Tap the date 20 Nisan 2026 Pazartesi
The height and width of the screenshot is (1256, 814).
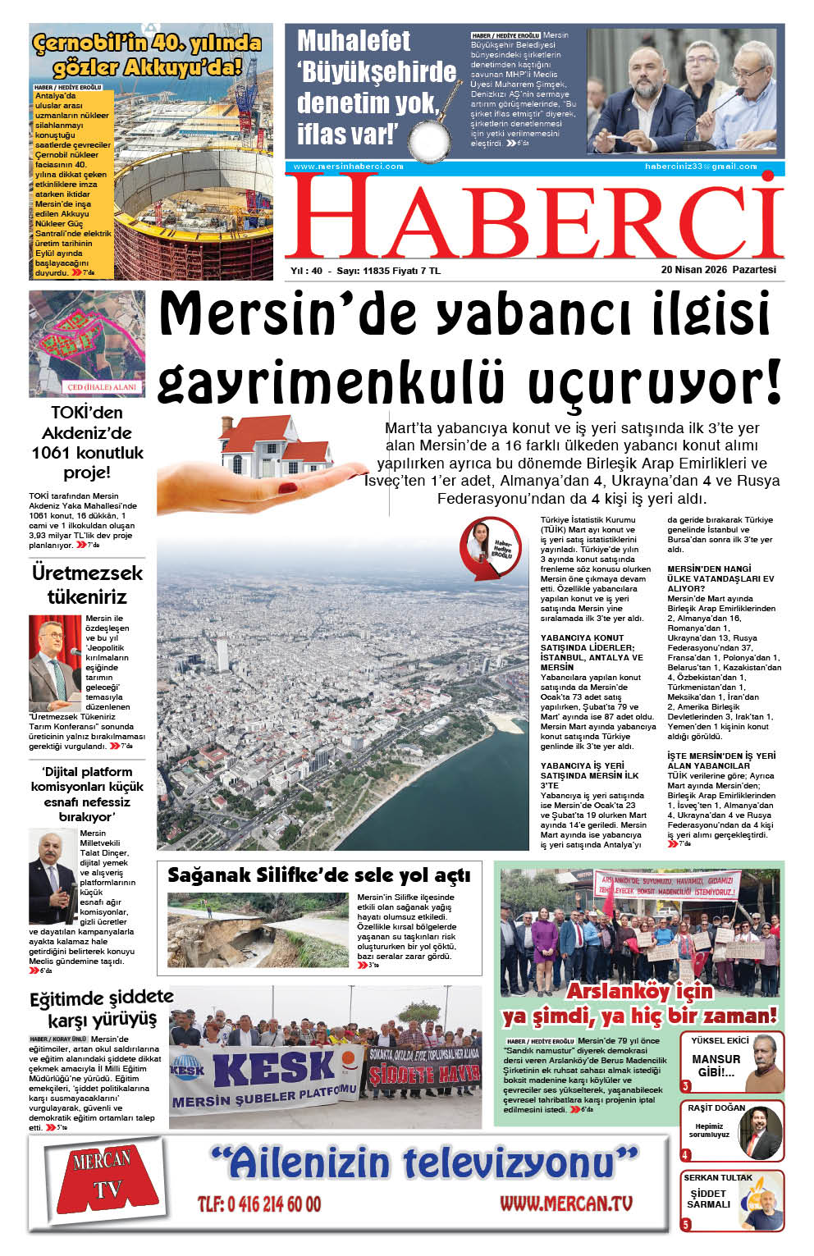[x=718, y=270]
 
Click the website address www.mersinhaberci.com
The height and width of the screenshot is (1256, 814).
[x=348, y=167]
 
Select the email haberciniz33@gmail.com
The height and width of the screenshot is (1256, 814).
[x=700, y=167]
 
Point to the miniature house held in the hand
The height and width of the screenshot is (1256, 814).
[x=272, y=446]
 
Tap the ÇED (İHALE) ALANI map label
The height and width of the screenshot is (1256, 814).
[x=102, y=386]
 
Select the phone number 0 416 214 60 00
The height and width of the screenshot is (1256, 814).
[x=259, y=1204]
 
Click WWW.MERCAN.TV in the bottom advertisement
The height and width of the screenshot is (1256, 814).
[x=566, y=1203]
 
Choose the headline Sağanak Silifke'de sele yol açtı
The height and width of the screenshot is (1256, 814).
[x=318, y=875]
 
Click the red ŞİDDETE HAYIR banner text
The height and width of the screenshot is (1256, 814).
[x=423, y=1075]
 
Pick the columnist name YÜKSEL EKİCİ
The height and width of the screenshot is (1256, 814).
[x=720, y=1040]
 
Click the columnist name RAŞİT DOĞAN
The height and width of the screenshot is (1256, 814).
[x=716, y=1108]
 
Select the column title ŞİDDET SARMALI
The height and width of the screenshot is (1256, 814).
[x=708, y=1199]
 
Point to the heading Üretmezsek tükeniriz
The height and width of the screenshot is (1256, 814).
[x=87, y=584]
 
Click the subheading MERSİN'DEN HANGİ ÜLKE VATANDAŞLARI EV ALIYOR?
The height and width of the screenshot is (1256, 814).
[x=720, y=578]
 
